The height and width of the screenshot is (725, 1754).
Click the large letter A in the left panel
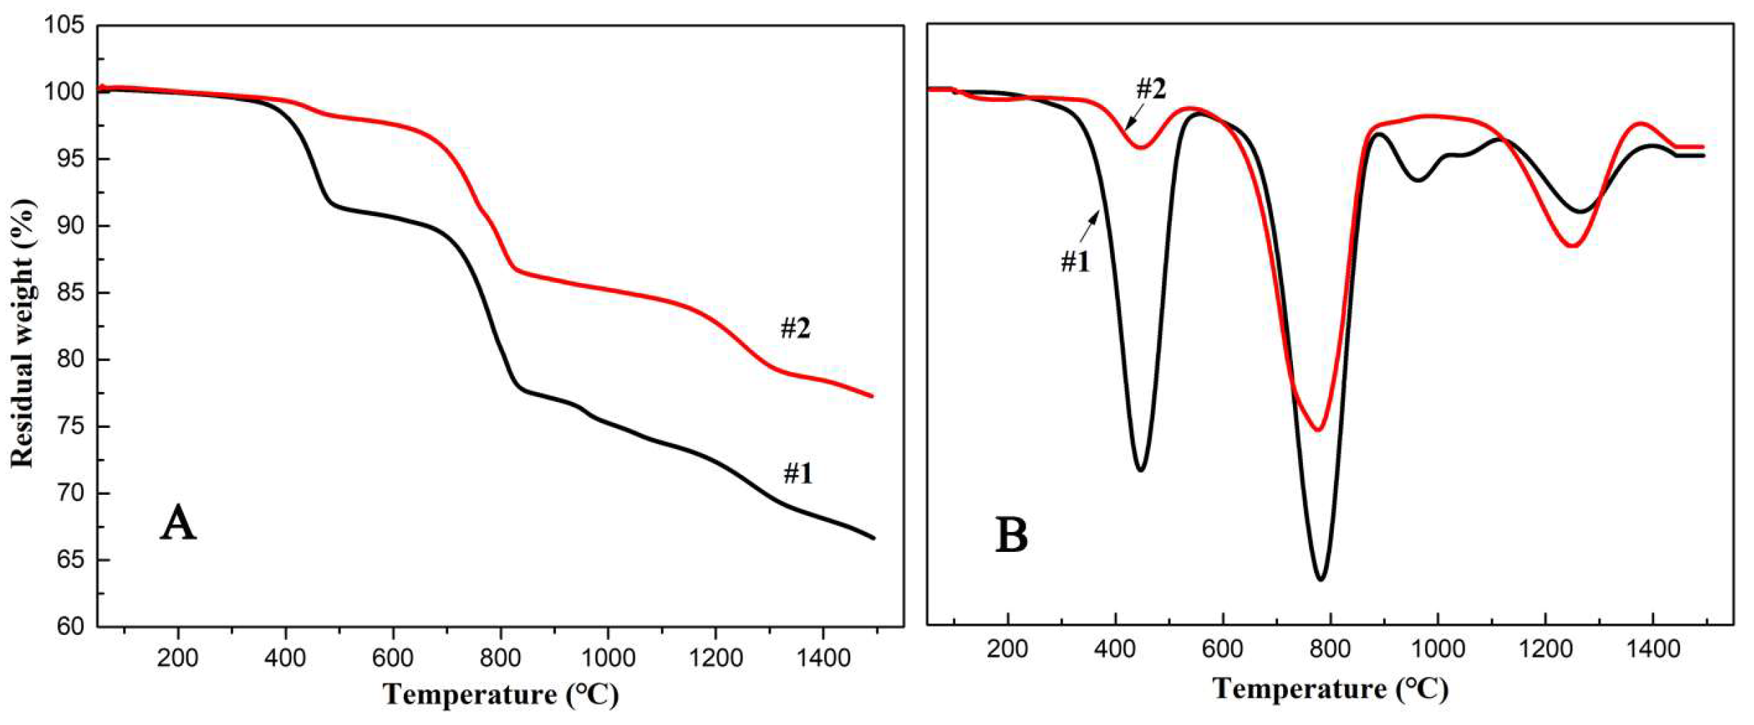click(177, 523)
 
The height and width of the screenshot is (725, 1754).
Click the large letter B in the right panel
click(1011, 535)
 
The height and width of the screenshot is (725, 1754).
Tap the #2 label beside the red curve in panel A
click(795, 328)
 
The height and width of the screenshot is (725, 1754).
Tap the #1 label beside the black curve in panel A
click(798, 474)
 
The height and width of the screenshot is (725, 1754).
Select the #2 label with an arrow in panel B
click(1151, 89)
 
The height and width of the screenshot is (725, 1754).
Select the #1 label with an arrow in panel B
click(1075, 262)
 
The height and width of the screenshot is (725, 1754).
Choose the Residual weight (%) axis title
click(23, 332)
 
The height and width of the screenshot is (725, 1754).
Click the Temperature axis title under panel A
click(500, 695)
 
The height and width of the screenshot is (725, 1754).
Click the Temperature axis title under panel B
click(1330, 688)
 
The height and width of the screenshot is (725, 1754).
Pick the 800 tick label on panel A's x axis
click(500, 659)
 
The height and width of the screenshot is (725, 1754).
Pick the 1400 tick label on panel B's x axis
click(1653, 649)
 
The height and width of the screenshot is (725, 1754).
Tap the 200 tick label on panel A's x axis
click(178, 659)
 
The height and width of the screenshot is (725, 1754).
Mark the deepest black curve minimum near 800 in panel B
click(1321, 579)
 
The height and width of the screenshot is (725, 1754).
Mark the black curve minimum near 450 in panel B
click(1141, 470)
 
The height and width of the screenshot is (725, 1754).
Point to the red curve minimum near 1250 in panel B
click(1573, 246)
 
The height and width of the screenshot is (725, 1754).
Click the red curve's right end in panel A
click(872, 396)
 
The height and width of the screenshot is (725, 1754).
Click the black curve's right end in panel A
click(873, 538)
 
